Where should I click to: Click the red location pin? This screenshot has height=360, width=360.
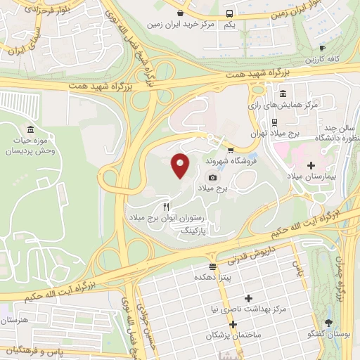pos(181,165)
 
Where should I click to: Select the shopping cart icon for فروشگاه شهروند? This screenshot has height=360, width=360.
pos(230,149)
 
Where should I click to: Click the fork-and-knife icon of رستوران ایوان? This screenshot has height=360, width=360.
pos(167,207)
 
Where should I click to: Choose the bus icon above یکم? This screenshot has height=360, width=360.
pos(229,13)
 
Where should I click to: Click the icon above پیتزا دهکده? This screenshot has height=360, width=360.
pos(212,266)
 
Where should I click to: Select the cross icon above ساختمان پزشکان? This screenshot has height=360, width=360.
pos(231,323)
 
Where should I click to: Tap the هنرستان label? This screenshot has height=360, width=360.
pos(14,321)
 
